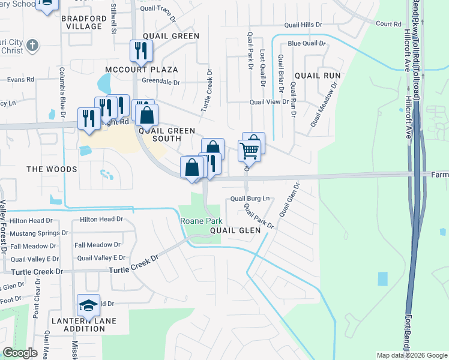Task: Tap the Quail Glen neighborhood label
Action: click(235, 230)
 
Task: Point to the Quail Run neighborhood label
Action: click(318, 76)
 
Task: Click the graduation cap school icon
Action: click(88, 306)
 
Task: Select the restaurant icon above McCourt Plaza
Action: click(142, 50)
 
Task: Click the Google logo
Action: click(20, 352)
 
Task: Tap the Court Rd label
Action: click(388, 24)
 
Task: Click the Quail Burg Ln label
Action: click(251, 199)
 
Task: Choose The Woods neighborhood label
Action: click(52, 169)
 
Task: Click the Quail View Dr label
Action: click(270, 102)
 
